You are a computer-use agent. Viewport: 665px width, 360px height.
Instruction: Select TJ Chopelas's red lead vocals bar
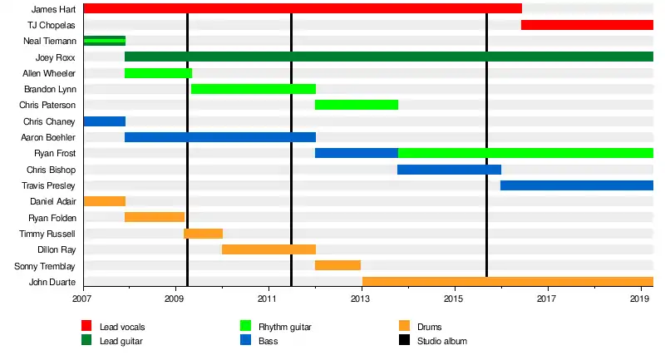point(587,25)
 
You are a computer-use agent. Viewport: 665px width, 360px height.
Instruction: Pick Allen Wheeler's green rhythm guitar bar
point(158,73)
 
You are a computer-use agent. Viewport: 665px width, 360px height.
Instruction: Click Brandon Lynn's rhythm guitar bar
point(254,89)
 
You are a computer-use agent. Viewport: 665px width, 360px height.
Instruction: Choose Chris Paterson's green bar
point(357,105)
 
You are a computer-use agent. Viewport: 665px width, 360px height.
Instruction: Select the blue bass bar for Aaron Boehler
point(220,137)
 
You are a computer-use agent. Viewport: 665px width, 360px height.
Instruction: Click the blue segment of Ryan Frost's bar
point(357,153)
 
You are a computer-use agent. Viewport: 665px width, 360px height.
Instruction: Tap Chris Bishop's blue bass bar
point(449,170)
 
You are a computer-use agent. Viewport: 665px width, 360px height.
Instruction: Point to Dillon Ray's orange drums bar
point(268,249)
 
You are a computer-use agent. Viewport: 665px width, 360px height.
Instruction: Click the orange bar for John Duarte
point(508,282)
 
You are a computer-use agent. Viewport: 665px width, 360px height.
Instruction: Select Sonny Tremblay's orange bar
point(337,265)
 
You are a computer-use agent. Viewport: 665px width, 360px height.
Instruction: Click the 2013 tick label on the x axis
point(361,298)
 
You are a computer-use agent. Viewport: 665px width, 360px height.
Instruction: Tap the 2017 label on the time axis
point(546,298)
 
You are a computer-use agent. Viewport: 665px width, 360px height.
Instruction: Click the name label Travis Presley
point(48,185)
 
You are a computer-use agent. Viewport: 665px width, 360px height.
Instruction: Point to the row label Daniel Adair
point(52,202)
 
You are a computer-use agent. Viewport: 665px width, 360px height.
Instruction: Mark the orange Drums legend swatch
point(405,327)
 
